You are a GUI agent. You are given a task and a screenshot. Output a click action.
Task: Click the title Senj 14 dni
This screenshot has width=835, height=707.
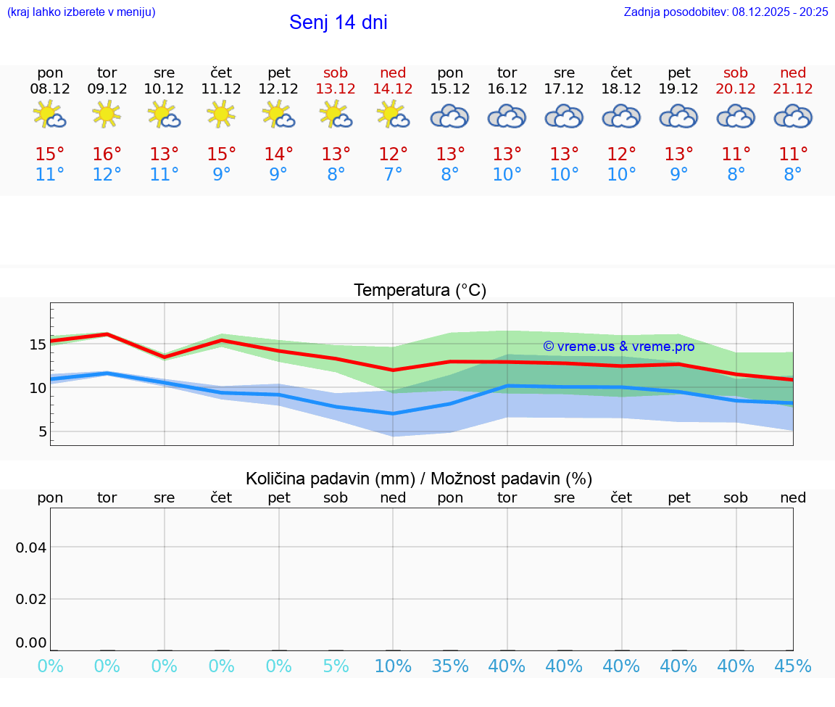(x=338, y=22)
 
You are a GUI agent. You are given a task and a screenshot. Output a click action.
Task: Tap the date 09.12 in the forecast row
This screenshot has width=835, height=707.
(x=107, y=89)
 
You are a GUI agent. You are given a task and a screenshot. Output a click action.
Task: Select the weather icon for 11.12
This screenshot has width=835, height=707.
(x=221, y=114)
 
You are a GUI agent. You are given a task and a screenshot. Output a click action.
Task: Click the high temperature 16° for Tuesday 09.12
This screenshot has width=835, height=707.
(x=107, y=154)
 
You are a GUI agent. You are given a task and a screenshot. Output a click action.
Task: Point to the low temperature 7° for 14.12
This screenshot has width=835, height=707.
(x=393, y=175)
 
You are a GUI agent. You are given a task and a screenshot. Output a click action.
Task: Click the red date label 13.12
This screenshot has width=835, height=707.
(x=336, y=89)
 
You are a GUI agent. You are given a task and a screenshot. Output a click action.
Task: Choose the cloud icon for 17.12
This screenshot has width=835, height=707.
(x=564, y=116)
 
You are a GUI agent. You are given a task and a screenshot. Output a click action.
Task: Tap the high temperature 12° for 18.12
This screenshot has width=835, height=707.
(x=621, y=154)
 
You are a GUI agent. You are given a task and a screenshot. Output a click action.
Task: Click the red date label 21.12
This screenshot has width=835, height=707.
(x=793, y=89)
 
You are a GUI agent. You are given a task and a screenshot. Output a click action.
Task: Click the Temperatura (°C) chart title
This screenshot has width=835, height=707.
(x=420, y=291)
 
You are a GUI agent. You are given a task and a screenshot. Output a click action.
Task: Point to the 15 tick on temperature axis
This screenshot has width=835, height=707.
(x=38, y=344)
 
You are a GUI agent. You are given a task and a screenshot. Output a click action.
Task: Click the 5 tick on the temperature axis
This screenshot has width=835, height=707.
(x=42, y=432)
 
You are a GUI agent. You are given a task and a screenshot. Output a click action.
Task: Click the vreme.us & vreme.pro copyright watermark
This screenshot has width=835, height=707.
(x=618, y=347)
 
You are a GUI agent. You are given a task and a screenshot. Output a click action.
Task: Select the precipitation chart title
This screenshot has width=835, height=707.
(x=419, y=479)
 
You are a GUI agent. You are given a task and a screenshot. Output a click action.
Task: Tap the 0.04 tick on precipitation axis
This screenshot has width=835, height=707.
(x=31, y=547)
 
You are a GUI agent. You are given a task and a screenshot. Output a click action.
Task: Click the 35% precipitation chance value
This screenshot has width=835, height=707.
(x=450, y=666)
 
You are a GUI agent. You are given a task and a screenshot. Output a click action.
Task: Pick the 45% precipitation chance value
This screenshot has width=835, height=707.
(x=793, y=666)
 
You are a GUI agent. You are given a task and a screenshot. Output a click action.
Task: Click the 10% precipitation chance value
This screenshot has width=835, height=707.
(x=393, y=666)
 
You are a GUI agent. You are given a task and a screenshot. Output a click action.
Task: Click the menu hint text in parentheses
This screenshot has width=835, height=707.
(x=81, y=12)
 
